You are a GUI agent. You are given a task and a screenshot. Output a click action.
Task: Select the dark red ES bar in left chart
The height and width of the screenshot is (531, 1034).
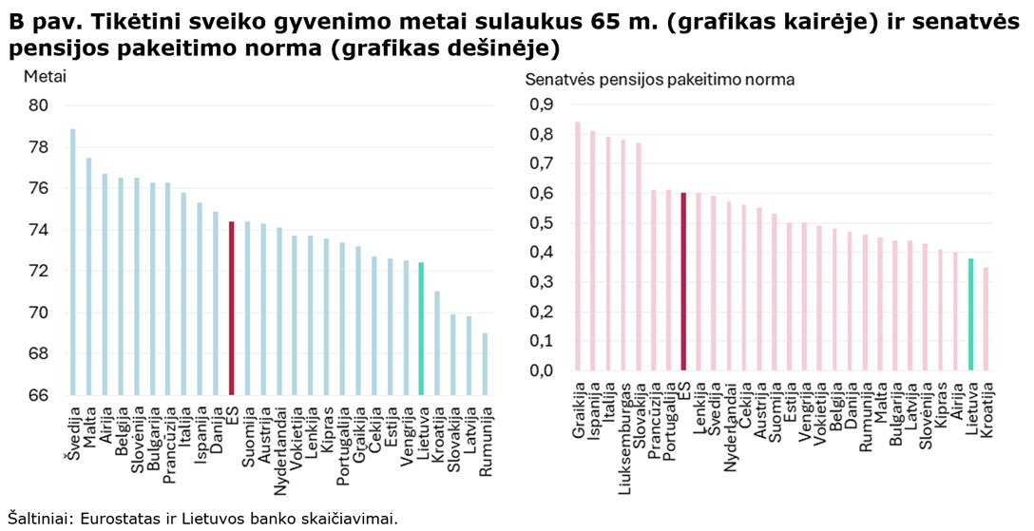[231, 308]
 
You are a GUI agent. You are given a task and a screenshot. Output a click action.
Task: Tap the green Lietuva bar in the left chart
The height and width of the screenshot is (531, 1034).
[420, 328]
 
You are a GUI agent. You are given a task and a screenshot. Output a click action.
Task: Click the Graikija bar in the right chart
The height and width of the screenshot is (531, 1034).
[577, 246]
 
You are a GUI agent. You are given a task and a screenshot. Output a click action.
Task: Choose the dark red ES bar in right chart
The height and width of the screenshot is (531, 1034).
[683, 281]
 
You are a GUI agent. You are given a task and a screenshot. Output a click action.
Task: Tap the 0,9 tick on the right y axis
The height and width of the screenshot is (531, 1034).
[541, 104]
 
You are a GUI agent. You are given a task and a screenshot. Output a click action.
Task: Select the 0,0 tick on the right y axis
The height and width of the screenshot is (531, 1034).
[541, 370]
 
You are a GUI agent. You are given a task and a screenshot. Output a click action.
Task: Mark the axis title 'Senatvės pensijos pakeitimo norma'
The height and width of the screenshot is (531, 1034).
[660, 80]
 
